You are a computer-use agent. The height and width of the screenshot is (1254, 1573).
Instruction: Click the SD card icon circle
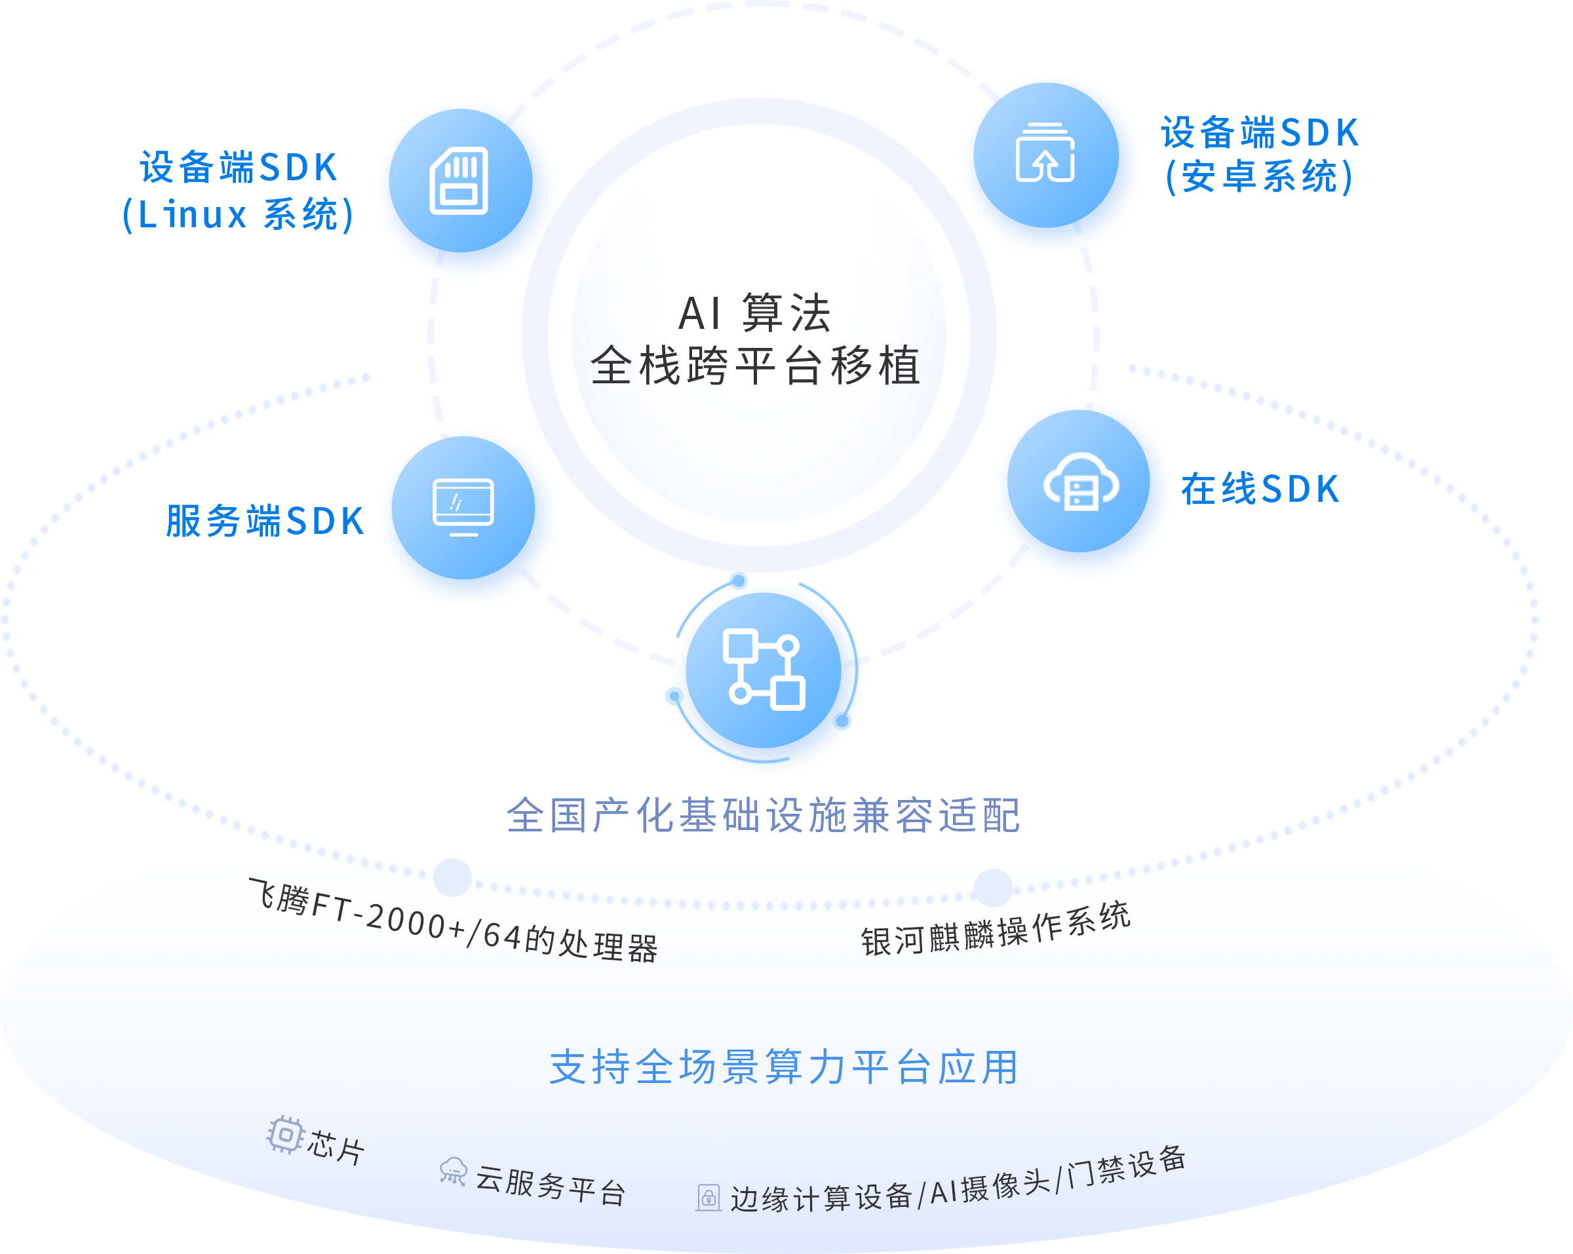(460, 180)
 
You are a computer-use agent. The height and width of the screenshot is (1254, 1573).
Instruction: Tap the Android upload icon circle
(1046, 155)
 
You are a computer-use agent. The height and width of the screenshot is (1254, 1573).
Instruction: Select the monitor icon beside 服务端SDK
(463, 508)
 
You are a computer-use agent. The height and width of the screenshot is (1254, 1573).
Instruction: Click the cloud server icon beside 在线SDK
(1079, 482)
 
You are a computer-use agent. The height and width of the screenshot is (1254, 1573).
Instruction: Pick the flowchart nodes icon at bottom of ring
(764, 670)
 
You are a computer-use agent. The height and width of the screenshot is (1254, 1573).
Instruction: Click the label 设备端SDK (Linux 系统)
(238, 191)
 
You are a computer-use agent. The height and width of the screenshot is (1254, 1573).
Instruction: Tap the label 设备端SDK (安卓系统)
(1260, 155)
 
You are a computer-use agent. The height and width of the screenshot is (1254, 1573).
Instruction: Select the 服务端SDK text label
(265, 521)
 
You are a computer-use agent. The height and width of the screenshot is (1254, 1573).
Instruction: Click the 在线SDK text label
(1260, 489)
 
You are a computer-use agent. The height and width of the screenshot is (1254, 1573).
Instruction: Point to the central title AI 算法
(755, 313)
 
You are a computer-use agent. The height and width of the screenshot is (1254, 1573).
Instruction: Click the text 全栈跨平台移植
(755, 365)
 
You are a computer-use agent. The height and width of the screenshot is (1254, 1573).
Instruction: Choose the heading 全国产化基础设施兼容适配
(763, 815)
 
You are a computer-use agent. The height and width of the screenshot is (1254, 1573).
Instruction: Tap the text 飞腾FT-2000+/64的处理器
(454, 921)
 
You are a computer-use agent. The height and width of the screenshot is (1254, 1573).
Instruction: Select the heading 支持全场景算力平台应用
(785, 1067)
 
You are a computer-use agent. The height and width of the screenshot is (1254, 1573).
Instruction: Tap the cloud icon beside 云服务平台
(453, 1171)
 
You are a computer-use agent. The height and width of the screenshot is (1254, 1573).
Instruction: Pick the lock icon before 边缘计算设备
(709, 1197)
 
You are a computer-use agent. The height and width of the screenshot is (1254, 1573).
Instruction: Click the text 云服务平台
(551, 1185)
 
